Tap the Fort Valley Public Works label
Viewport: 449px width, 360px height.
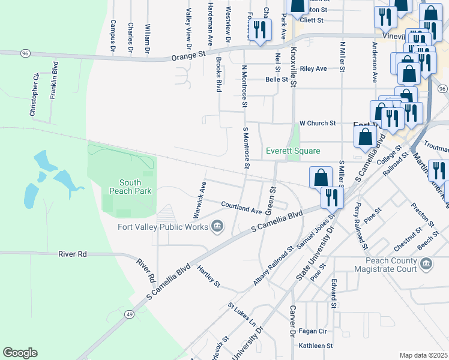point(162,227)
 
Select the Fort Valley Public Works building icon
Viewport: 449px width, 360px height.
point(217,227)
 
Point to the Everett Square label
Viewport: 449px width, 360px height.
point(293,151)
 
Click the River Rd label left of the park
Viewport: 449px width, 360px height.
point(73,254)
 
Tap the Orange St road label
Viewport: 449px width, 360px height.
point(188,55)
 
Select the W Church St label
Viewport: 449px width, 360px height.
point(318,124)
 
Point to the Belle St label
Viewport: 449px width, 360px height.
point(277,79)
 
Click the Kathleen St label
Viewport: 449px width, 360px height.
point(316,346)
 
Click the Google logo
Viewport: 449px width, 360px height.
point(20,353)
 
